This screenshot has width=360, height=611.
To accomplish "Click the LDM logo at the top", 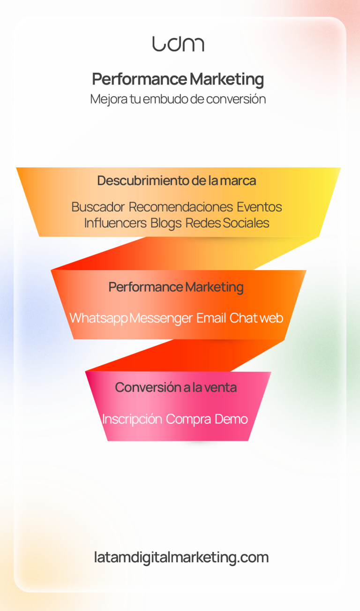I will click(x=178, y=44).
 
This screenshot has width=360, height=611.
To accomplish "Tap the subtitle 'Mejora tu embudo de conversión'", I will click(x=178, y=99).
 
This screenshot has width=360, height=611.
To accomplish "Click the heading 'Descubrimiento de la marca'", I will click(x=177, y=181).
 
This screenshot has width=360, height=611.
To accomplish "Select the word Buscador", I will click(x=98, y=207).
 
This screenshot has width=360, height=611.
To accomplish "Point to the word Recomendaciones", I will click(x=180, y=207).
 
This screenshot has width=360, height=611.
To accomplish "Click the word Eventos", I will click(x=259, y=207).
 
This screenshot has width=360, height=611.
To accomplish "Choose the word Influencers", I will click(x=115, y=223).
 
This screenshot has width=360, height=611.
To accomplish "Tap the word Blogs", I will click(x=166, y=223).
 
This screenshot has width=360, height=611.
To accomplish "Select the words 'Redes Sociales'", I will click(x=227, y=223).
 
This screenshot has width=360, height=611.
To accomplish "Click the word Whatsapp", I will click(x=98, y=318).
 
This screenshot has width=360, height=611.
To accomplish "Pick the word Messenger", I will click(x=161, y=318).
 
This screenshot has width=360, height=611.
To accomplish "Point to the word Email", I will click(x=211, y=318).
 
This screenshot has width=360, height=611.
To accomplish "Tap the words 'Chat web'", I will click(x=256, y=318).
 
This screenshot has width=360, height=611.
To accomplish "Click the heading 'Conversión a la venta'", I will click(x=176, y=387).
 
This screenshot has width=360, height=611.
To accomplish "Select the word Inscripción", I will click(x=132, y=419).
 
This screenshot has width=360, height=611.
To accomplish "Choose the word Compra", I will click(x=188, y=419).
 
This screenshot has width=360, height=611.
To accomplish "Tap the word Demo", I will click(x=231, y=419).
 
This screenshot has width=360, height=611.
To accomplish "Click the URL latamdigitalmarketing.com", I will click(x=181, y=558).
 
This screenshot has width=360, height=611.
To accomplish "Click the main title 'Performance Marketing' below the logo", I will click(x=178, y=79).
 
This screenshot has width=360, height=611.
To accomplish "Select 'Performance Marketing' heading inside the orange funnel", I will click(x=176, y=287).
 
